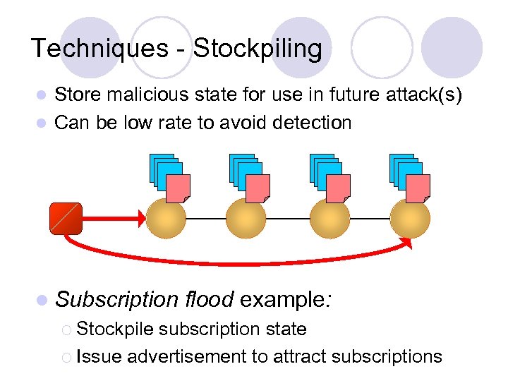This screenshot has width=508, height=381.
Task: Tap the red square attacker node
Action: (66, 218)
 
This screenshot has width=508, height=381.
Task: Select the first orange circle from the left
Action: (166, 219)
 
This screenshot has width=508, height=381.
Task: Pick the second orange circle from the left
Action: (246, 219)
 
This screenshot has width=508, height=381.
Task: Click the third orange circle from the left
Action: (329, 219)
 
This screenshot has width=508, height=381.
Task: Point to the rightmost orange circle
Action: (410, 219)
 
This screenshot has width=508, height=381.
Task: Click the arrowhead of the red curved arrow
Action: (406, 243)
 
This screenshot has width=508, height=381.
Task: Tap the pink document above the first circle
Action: (178, 188)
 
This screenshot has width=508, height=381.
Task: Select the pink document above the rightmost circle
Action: (418, 188)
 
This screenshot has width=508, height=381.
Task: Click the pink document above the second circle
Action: (258, 188)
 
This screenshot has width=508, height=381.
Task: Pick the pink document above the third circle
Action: (338, 188)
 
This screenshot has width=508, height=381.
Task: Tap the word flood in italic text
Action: (208, 299)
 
